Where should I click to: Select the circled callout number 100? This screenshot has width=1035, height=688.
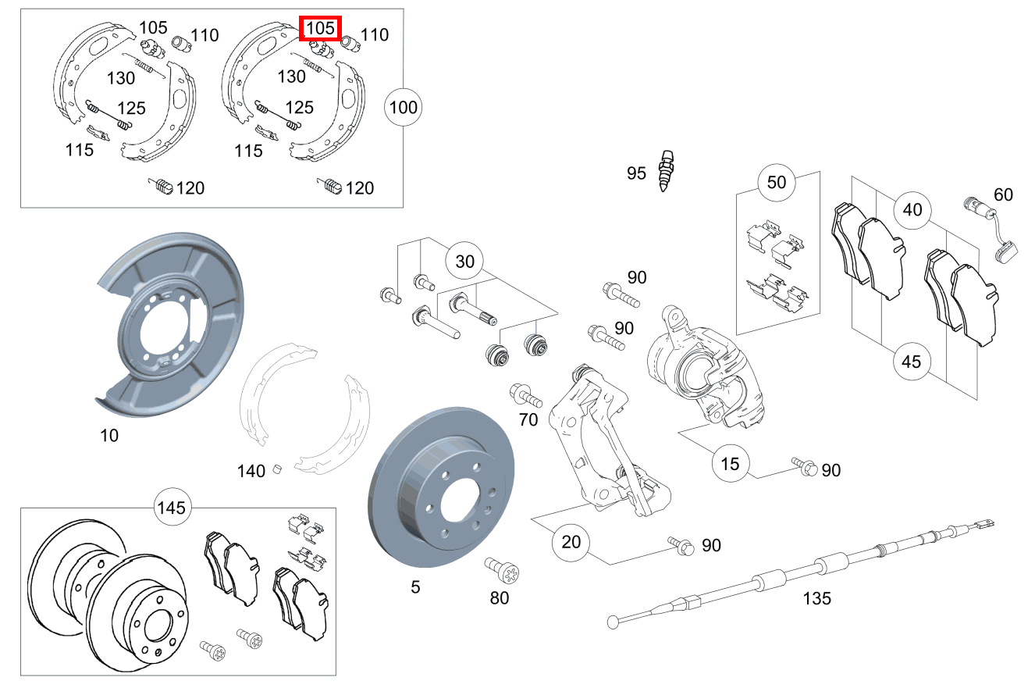tap(403, 107)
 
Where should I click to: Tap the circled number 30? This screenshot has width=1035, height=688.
tap(464, 261)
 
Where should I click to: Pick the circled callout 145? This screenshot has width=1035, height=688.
tap(171, 508)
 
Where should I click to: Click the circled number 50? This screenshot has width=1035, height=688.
tap(777, 183)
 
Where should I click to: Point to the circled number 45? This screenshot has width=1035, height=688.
tap(911, 362)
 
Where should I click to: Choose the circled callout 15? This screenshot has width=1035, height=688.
tap(730, 463)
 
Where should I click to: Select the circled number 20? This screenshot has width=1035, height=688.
tap(571, 541)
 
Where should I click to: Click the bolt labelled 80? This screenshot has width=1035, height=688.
tap(496, 571)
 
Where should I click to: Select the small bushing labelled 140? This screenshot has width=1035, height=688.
tap(276, 469)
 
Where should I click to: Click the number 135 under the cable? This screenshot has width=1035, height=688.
tap(816, 599)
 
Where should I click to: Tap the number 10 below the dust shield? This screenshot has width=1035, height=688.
tap(109, 436)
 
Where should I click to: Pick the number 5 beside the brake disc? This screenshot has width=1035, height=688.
tap(415, 586)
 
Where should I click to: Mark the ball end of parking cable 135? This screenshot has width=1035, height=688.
tap(613, 622)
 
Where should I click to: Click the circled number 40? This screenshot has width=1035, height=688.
tap(912, 209)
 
